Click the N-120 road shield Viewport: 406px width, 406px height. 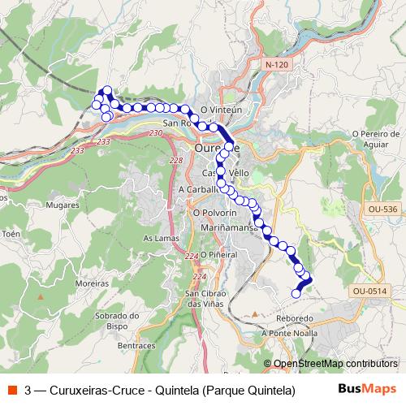tap(276, 63)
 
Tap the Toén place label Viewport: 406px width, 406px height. tap(11, 233)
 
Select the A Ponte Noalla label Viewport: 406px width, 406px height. tap(289, 333)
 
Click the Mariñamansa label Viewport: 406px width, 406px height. tap(231, 228)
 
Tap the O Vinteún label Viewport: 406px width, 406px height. tap(222, 109)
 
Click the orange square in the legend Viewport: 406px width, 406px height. tap(11, 389)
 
